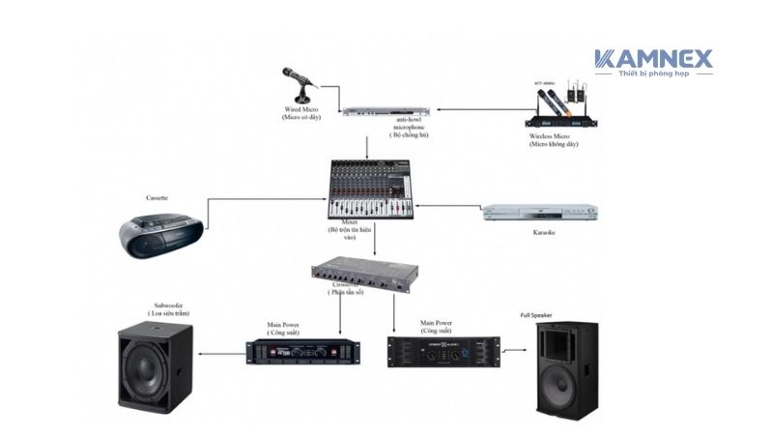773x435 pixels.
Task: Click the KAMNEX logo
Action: [653, 60]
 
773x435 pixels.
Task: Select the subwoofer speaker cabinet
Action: [155, 367]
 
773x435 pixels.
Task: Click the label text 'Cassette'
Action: [157, 197]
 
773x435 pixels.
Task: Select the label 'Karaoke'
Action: [544, 233]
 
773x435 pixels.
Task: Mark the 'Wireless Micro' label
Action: [553, 136]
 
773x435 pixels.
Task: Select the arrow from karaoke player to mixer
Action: [454, 206]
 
